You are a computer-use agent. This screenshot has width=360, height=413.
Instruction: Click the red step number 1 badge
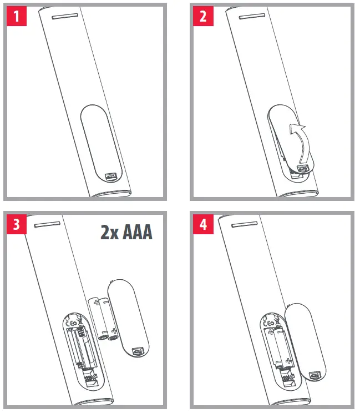[x=17, y=16]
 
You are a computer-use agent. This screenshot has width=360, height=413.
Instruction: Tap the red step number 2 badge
[x=203, y=16]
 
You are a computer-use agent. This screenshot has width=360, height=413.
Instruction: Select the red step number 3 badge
[x=17, y=224]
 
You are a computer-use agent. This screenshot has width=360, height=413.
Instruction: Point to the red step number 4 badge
[x=203, y=224]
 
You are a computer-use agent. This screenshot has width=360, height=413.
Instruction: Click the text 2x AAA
[x=126, y=232]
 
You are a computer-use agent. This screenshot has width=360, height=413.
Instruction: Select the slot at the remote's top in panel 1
[x=65, y=16]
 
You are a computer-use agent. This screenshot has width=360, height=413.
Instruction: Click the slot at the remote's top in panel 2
[x=252, y=16]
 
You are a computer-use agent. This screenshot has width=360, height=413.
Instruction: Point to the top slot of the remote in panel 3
[x=47, y=225]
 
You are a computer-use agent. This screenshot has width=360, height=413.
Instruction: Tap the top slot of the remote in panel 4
[x=245, y=225]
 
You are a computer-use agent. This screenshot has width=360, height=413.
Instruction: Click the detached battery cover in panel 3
[x=129, y=319]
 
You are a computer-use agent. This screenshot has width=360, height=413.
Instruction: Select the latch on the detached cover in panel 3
[x=138, y=351]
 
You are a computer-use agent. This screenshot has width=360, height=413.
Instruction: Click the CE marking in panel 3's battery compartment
[x=72, y=323]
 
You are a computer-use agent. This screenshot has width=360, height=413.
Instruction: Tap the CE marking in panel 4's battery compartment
[x=268, y=323]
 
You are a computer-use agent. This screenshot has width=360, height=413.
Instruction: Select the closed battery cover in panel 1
[x=102, y=144]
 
